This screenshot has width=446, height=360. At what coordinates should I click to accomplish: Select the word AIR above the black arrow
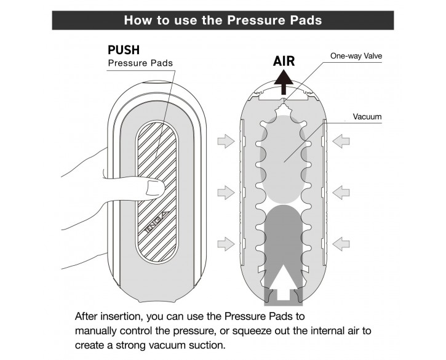click(284, 61)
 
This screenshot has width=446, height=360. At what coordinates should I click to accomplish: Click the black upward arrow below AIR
click(284, 79)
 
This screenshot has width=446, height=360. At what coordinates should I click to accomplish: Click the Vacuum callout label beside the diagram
click(368, 116)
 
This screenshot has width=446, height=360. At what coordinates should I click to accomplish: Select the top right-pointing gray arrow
click(226, 142)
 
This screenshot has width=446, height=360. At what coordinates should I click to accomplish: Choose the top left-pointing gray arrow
click(341, 142)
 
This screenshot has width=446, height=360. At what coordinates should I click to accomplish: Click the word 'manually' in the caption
click(97, 331)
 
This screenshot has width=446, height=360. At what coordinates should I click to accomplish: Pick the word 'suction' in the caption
click(209, 345)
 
